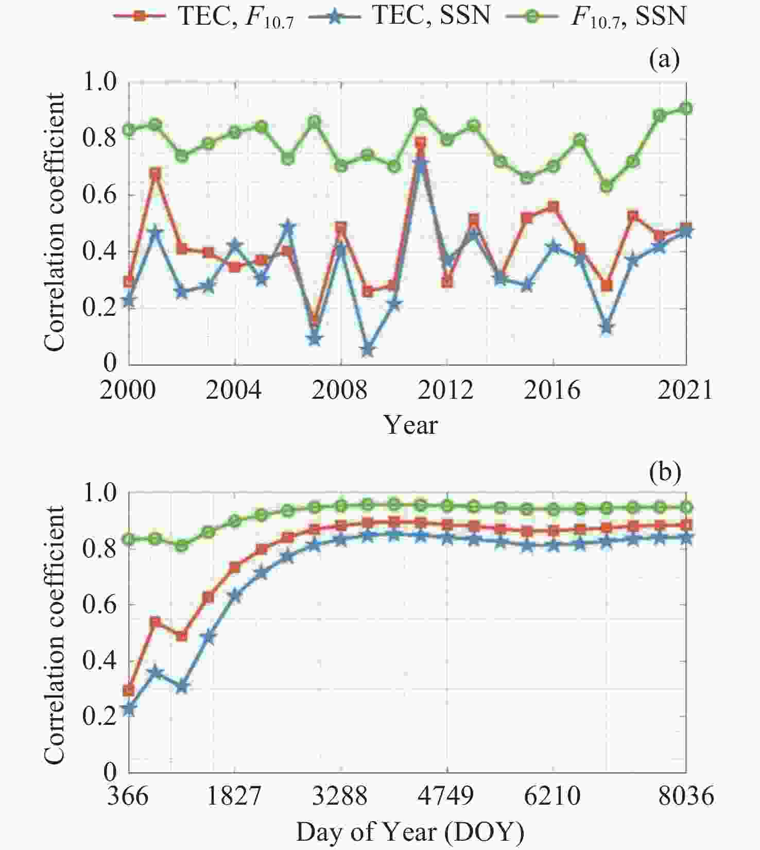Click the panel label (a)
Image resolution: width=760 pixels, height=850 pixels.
[x=664, y=60]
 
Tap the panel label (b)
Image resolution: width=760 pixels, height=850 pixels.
[x=665, y=472]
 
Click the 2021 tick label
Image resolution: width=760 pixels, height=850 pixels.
[x=685, y=390]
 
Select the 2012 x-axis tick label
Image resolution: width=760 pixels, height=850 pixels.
[x=445, y=390]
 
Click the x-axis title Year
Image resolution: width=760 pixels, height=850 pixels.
[x=411, y=426]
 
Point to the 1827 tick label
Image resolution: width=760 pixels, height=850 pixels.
[x=234, y=796]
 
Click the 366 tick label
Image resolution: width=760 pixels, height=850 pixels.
[x=128, y=796]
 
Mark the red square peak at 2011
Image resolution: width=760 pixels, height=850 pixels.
[x=421, y=143]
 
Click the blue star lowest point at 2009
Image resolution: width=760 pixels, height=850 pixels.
[x=367, y=350]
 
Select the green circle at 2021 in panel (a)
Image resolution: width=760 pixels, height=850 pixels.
[x=686, y=108]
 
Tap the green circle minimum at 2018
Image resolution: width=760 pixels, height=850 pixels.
[x=607, y=186]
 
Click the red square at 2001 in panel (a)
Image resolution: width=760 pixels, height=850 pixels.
[x=155, y=173]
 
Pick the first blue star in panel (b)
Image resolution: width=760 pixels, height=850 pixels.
[x=129, y=709]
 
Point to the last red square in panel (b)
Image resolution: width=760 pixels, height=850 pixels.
[x=686, y=525]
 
